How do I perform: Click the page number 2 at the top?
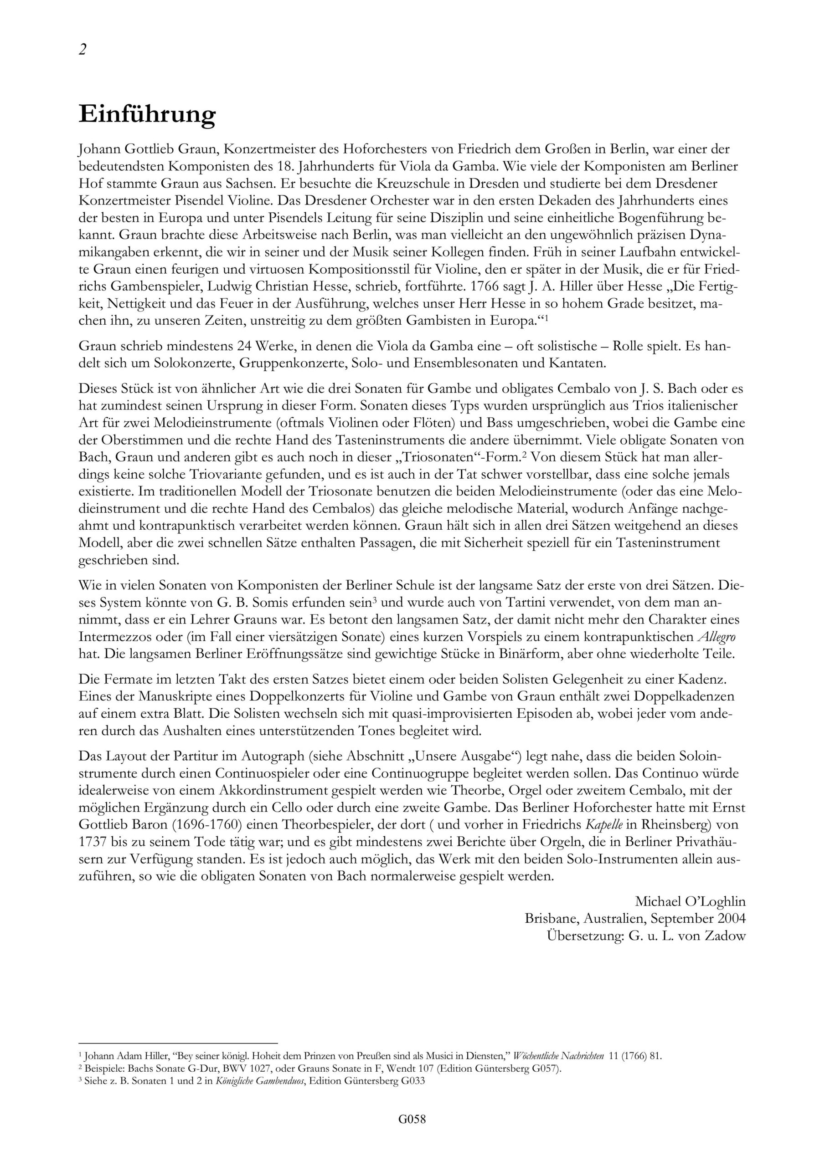(83, 50)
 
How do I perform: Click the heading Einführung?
(147, 115)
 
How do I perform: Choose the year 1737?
(95, 840)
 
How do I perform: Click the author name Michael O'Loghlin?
(690, 901)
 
